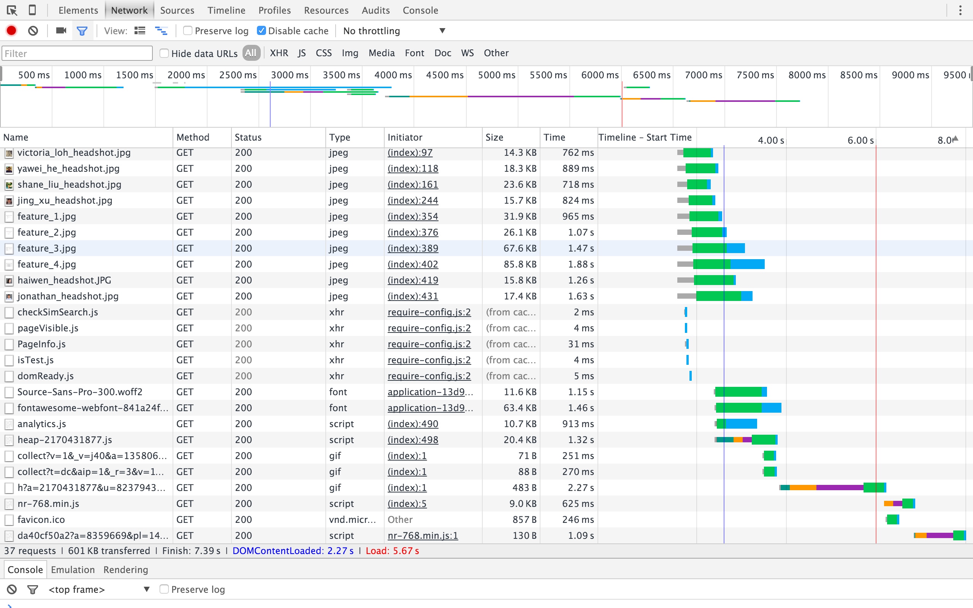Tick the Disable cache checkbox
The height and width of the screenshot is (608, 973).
click(261, 30)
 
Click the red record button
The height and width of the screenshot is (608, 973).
click(11, 30)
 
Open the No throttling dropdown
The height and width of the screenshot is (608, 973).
click(394, 30)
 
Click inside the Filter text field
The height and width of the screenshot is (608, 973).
click(77, 53)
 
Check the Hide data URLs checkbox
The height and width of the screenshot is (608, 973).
click(164, 53)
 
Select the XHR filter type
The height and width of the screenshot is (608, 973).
click(279, 53)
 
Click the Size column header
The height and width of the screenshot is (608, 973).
click(494, 138)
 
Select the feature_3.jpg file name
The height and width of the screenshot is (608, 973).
click(47, 248)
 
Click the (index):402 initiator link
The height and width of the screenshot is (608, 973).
click(412, 264)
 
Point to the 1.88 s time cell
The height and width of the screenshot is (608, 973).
click(581, 264)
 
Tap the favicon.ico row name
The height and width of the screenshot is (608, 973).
click(41, 519)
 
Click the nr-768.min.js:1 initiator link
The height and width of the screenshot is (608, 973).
click(423, 536)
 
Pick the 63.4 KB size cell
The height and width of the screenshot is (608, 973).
click(520, 408)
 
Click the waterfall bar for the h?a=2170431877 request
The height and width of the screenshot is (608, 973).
click(832, 488)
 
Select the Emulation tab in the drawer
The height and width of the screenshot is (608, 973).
click(73, 570)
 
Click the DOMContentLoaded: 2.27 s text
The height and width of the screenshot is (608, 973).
click(293, 551)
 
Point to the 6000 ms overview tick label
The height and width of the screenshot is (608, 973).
click(600, 75)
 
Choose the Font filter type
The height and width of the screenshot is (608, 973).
click(415, 53)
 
